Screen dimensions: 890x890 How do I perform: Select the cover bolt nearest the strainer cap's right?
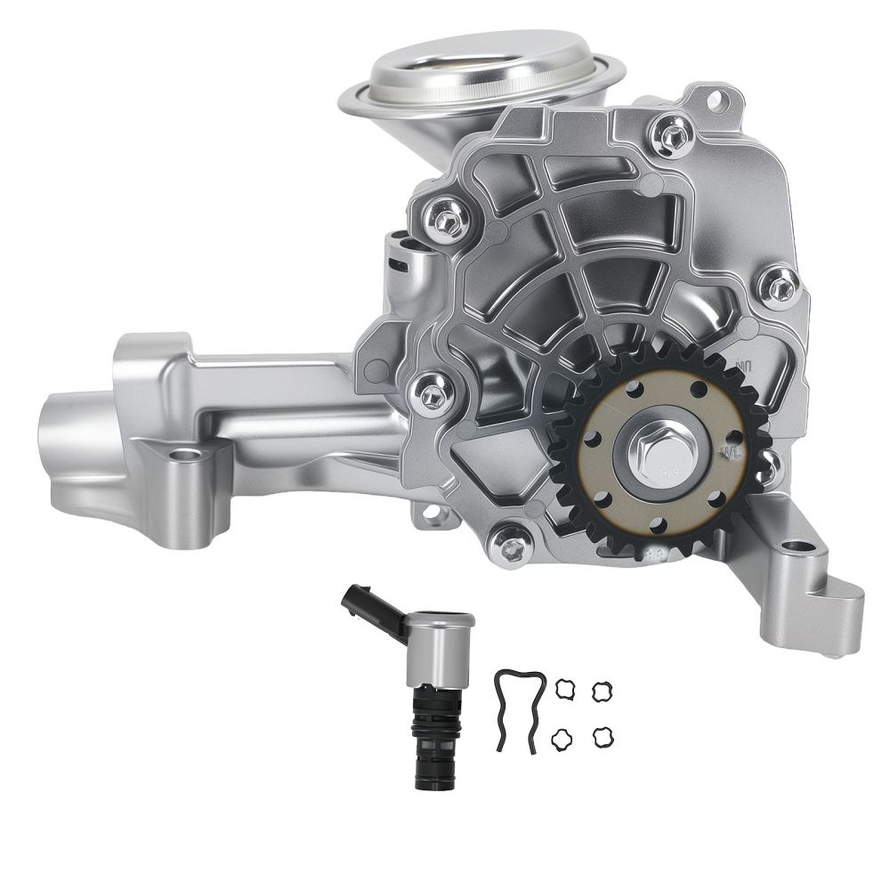coord(672,135)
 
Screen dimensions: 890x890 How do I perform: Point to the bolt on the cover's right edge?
coord(780,284)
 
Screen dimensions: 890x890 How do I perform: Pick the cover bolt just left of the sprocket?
coord(432,394)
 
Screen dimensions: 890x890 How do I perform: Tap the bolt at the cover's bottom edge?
coord(512,546)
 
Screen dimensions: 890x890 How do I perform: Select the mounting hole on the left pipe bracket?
coord(184,455)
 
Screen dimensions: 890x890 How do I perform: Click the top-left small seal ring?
coord(565,688)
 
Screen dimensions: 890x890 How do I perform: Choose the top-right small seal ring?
coord(603,690)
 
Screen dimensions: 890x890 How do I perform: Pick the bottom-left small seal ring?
coord(561,739)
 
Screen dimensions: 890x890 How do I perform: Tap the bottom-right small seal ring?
coord(603,737)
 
